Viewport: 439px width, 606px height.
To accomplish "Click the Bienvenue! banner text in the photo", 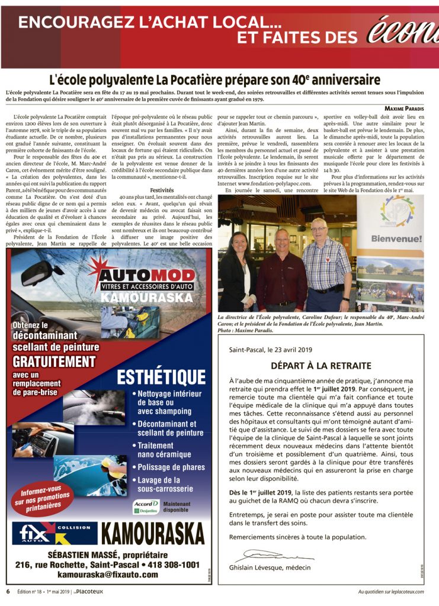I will (x=397, y=238).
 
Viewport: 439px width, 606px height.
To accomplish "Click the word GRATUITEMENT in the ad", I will (x=54, y=361).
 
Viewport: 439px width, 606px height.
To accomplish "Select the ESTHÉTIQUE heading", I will (x=161, y=376).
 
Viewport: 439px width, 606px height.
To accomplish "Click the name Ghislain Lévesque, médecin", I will (x=270, y=568).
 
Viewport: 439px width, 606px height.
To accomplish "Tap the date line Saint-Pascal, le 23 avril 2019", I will (x=273, y=349).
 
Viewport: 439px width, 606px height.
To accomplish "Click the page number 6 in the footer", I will (x=8, y=592).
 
